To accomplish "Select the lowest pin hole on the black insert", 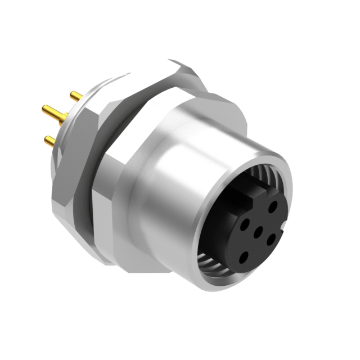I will click(243, 258).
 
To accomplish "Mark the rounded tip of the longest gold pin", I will click(42, 107).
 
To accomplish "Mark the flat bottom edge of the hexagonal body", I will click(141, 264).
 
